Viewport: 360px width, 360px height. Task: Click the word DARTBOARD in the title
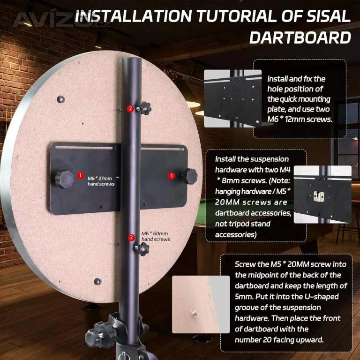[300, 37]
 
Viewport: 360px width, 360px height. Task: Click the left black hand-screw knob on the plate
[65, 180]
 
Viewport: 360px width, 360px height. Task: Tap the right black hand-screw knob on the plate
[189, 176]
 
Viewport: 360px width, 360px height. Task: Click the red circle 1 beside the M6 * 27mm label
[80, 176]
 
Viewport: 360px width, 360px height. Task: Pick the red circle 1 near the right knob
[172, 176]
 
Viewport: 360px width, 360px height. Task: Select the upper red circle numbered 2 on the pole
[130, 108]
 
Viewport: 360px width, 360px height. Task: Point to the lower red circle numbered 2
[131, 237]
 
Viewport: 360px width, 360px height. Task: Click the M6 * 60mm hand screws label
[156, 236]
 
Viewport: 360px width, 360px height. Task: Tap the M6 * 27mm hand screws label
[101, 181]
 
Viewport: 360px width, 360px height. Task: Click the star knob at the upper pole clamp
[144, 108]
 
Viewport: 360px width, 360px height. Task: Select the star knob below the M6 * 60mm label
[142, 249]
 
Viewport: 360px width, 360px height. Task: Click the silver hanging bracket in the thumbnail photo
[319, 196]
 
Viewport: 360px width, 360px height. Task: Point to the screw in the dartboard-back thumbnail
[195, 312]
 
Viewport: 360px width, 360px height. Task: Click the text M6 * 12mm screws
[300, 119]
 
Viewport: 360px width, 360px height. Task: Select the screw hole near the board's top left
[61, 99]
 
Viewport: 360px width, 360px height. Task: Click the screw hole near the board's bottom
[98, 281]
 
